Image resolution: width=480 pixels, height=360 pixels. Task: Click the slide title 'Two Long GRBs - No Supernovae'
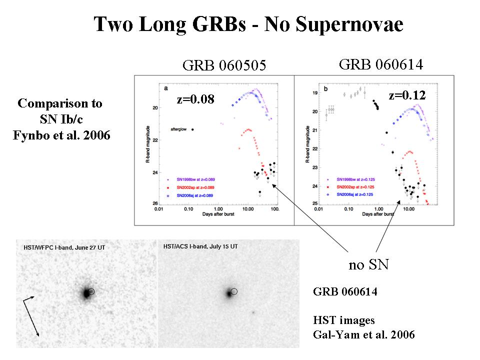(x=248, y=24)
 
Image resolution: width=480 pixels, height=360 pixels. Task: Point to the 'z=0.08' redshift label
(x=195, y=99)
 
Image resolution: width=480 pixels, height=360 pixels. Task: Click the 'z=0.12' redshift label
(x=405, y=95)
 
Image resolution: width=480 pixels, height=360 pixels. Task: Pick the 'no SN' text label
(x=368, y=264)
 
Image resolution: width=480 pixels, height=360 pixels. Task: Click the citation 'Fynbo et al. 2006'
(x=60, y=135)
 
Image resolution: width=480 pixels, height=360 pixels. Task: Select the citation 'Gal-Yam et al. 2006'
(x=363, y=334)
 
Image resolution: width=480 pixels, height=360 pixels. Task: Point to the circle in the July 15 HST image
(x=234, y=291)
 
